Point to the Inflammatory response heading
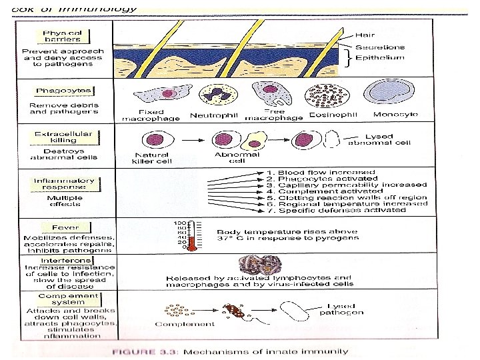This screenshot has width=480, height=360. click(65, 185)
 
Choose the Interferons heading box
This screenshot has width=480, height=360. click(65, 260)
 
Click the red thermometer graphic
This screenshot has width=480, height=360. click(190, 235)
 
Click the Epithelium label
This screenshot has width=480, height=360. click(379, 58)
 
